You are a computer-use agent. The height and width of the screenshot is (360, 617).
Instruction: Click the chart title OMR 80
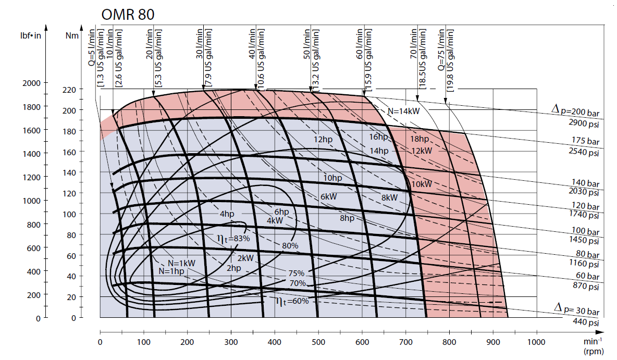coord(128,15)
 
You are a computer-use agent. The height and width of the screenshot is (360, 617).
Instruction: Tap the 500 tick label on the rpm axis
coord(318,342)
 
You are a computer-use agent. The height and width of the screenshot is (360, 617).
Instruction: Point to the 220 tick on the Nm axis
coord(69,90)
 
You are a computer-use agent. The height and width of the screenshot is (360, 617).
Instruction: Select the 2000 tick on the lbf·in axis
coord(31,83)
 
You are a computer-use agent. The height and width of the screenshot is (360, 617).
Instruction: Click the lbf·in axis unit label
coord(31,36)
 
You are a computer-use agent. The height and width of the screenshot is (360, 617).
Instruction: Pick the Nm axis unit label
coord(72,36)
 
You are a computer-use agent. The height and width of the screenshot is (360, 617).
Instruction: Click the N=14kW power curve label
coord(404,111)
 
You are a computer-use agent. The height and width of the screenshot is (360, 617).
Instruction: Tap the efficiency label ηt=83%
coord(233,239)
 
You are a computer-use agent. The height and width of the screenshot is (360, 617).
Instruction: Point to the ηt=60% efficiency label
coord(292,301)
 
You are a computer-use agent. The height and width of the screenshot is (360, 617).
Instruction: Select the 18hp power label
coord(419,139)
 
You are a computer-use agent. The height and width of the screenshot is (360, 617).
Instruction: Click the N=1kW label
coord(181,263)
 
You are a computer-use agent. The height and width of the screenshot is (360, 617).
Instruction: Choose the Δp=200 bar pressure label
coord(576,110)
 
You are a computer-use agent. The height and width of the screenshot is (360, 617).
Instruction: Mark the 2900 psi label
coord(584,123)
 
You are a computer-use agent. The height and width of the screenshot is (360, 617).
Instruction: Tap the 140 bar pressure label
coord(586,183)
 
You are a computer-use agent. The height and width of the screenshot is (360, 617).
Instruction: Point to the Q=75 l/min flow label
coord(441,49)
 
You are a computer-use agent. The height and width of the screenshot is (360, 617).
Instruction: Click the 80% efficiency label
coord(290,245)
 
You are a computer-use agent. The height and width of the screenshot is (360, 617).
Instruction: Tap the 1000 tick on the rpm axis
coord(536,342)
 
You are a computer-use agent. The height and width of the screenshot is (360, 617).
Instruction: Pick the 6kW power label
coord(329,197)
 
